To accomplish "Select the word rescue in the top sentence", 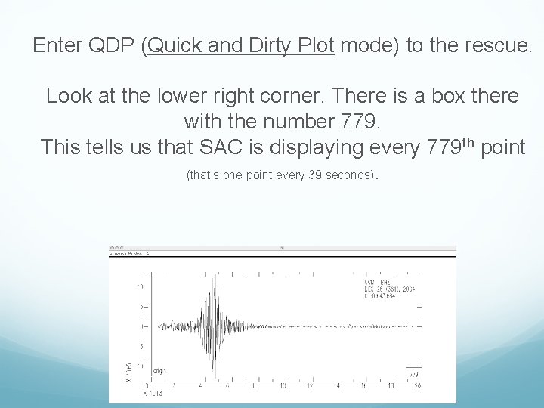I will (x=495, y=47).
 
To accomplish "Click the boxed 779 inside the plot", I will (x=413, y=374).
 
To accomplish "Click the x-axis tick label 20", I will (x=416, y=386).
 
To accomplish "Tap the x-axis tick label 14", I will (x=335, y=386).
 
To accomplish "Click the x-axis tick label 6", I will (x=227, y=386).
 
